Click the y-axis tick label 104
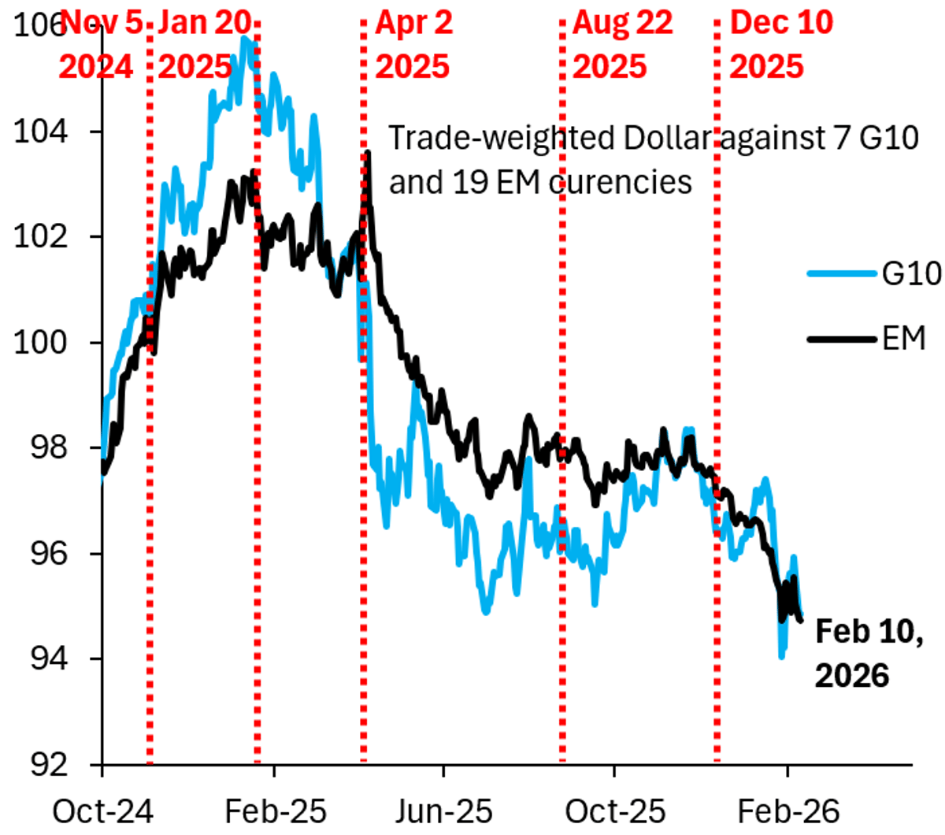[x=40, y=131]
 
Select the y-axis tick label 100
[x=40, y=342]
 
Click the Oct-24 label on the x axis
[x=102, y=810]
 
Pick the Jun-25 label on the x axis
[x=443, y=810]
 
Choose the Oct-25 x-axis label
[x=615, y=810]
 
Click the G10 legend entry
[x=911, y=273]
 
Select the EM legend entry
[x=903, y=339]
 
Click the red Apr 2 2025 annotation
[x=413, y=44]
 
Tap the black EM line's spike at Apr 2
[x=368, y=153]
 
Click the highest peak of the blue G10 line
[x=246, y=39]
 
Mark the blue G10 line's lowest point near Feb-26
[x=782, y=655]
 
